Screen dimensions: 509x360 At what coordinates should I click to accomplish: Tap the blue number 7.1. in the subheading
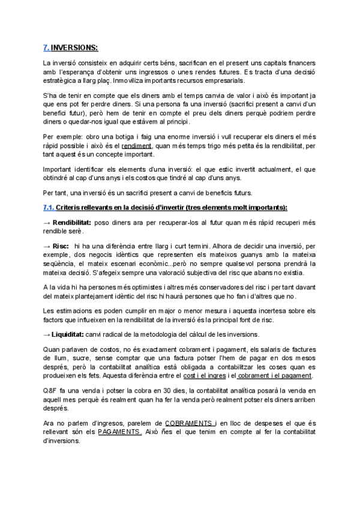(51, 207)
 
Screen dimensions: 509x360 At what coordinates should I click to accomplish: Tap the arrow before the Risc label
(47, 245)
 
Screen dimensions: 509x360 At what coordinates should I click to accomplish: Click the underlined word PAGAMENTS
(119, 432)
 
